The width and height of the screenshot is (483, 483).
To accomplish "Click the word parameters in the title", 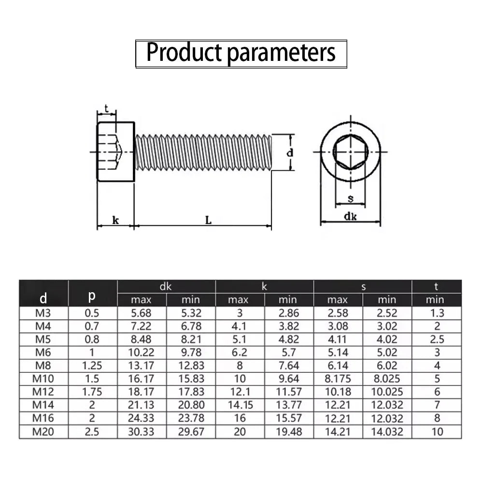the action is pyautogui.click(x=281, y=53).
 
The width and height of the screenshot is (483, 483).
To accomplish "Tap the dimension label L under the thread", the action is pyautogui.click(x=209, y=220).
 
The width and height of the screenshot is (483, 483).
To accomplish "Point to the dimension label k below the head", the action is pyautogui.click(x=115, y=220).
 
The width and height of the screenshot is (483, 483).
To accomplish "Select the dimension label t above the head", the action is pyautogui.click(x=106, y=108).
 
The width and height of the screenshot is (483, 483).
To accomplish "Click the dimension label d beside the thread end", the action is pyautogui.click(x=290, y=153).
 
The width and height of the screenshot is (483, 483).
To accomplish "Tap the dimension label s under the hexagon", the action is pyautogui.click(x=351, y=199).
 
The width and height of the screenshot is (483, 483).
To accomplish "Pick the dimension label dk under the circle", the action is pyautogui.click(x=350, y=216).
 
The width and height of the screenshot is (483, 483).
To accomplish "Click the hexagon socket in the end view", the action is pyautogui.click(x=351, y=152).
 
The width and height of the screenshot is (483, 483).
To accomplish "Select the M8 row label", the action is pyautogui.click(x=43, y=365).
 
